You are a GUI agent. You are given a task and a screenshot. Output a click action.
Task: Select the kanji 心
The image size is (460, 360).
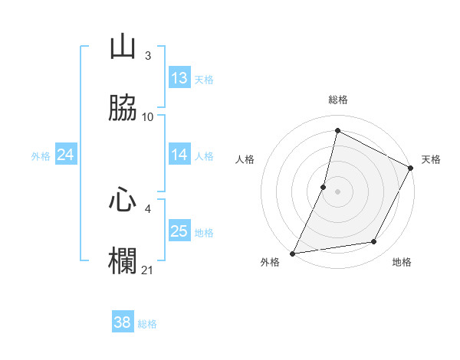click(123, 200)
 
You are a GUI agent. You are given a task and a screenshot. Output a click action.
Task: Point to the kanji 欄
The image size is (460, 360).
click(123, 260)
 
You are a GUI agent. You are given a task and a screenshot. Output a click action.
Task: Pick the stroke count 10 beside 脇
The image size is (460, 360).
click(148, 116)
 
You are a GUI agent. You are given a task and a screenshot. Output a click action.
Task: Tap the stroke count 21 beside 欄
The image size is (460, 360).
click(148, 270)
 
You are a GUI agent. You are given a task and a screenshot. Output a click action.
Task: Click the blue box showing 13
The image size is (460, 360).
click(179, 78)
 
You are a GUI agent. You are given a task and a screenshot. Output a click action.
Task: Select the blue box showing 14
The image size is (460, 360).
click(179, 155)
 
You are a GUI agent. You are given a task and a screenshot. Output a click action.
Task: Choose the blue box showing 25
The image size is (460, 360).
click(179, 231)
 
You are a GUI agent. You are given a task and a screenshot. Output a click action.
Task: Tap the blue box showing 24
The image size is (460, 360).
click(66, 155)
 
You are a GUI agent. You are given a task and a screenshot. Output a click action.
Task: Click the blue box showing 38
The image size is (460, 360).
click(123, 322)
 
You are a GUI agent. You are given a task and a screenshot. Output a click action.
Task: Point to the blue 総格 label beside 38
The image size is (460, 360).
click(147, 324)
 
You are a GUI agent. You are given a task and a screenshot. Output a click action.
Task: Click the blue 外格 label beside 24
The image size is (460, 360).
click(41, 156)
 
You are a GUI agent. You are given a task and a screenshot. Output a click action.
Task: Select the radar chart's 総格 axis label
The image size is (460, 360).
click(338, 100)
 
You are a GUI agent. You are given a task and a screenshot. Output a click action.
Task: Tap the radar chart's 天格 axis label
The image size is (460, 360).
click(431, 159)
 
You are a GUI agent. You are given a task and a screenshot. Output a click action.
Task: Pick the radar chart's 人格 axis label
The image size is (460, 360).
click(245, 159)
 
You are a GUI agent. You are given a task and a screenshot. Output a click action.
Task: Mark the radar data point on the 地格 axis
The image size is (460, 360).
click(374, 242)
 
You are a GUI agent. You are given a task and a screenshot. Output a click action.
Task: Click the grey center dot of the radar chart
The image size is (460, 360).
click(337, 191)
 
